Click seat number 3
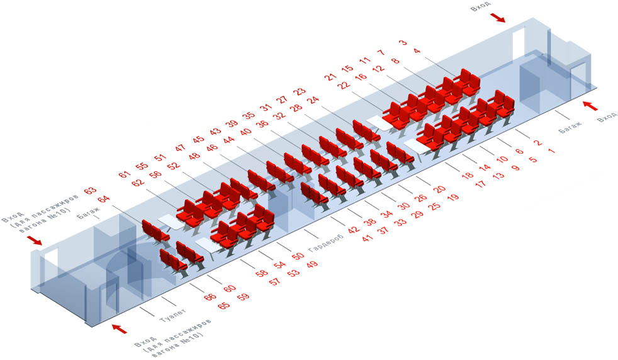pos(403,42)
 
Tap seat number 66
pos(210,296)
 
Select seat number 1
pos(551,150)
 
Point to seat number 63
pos(90,190)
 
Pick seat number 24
pos(313,100)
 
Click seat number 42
pos(354,230)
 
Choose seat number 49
pos(312,264)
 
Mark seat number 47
pos(180,148)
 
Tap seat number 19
pos(453,197)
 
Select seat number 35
pos(249,115)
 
